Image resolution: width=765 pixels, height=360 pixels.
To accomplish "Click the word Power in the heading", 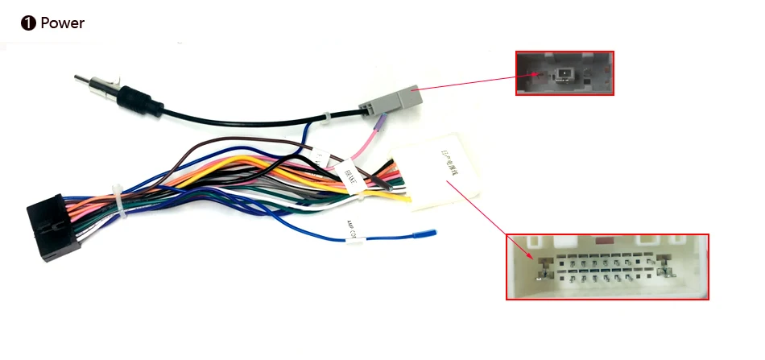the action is tap(62, 23).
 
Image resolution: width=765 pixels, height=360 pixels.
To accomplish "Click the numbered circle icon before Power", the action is tap(28, 23).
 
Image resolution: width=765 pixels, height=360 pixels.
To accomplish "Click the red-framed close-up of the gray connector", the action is tap(564, 73).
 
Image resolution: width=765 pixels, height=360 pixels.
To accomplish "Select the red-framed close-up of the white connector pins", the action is tap(607, 267).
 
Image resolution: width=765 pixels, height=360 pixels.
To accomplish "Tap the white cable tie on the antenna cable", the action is tap(325, 118).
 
